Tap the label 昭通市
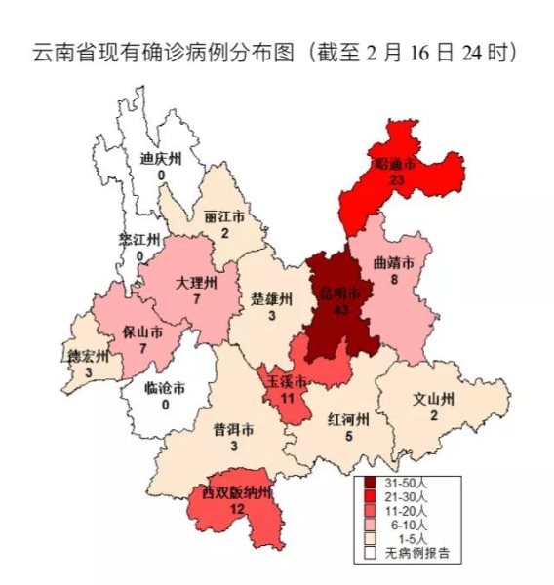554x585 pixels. click(x=395, y=165)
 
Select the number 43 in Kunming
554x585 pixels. click(x=341, y=309)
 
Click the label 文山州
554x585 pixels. click(x=435, y=400)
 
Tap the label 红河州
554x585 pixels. click(x=348, y=420)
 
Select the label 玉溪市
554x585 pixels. click(x=289, y=380)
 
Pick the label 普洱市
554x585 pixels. click(x=234, y=429)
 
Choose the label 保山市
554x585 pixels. click(x=141, y=331)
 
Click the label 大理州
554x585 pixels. click(x=197, y=283)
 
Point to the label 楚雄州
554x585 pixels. click(x=272, y=299)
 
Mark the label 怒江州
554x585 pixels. click(x=139, y=240)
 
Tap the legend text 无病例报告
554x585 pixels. click(x=416, y=554)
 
